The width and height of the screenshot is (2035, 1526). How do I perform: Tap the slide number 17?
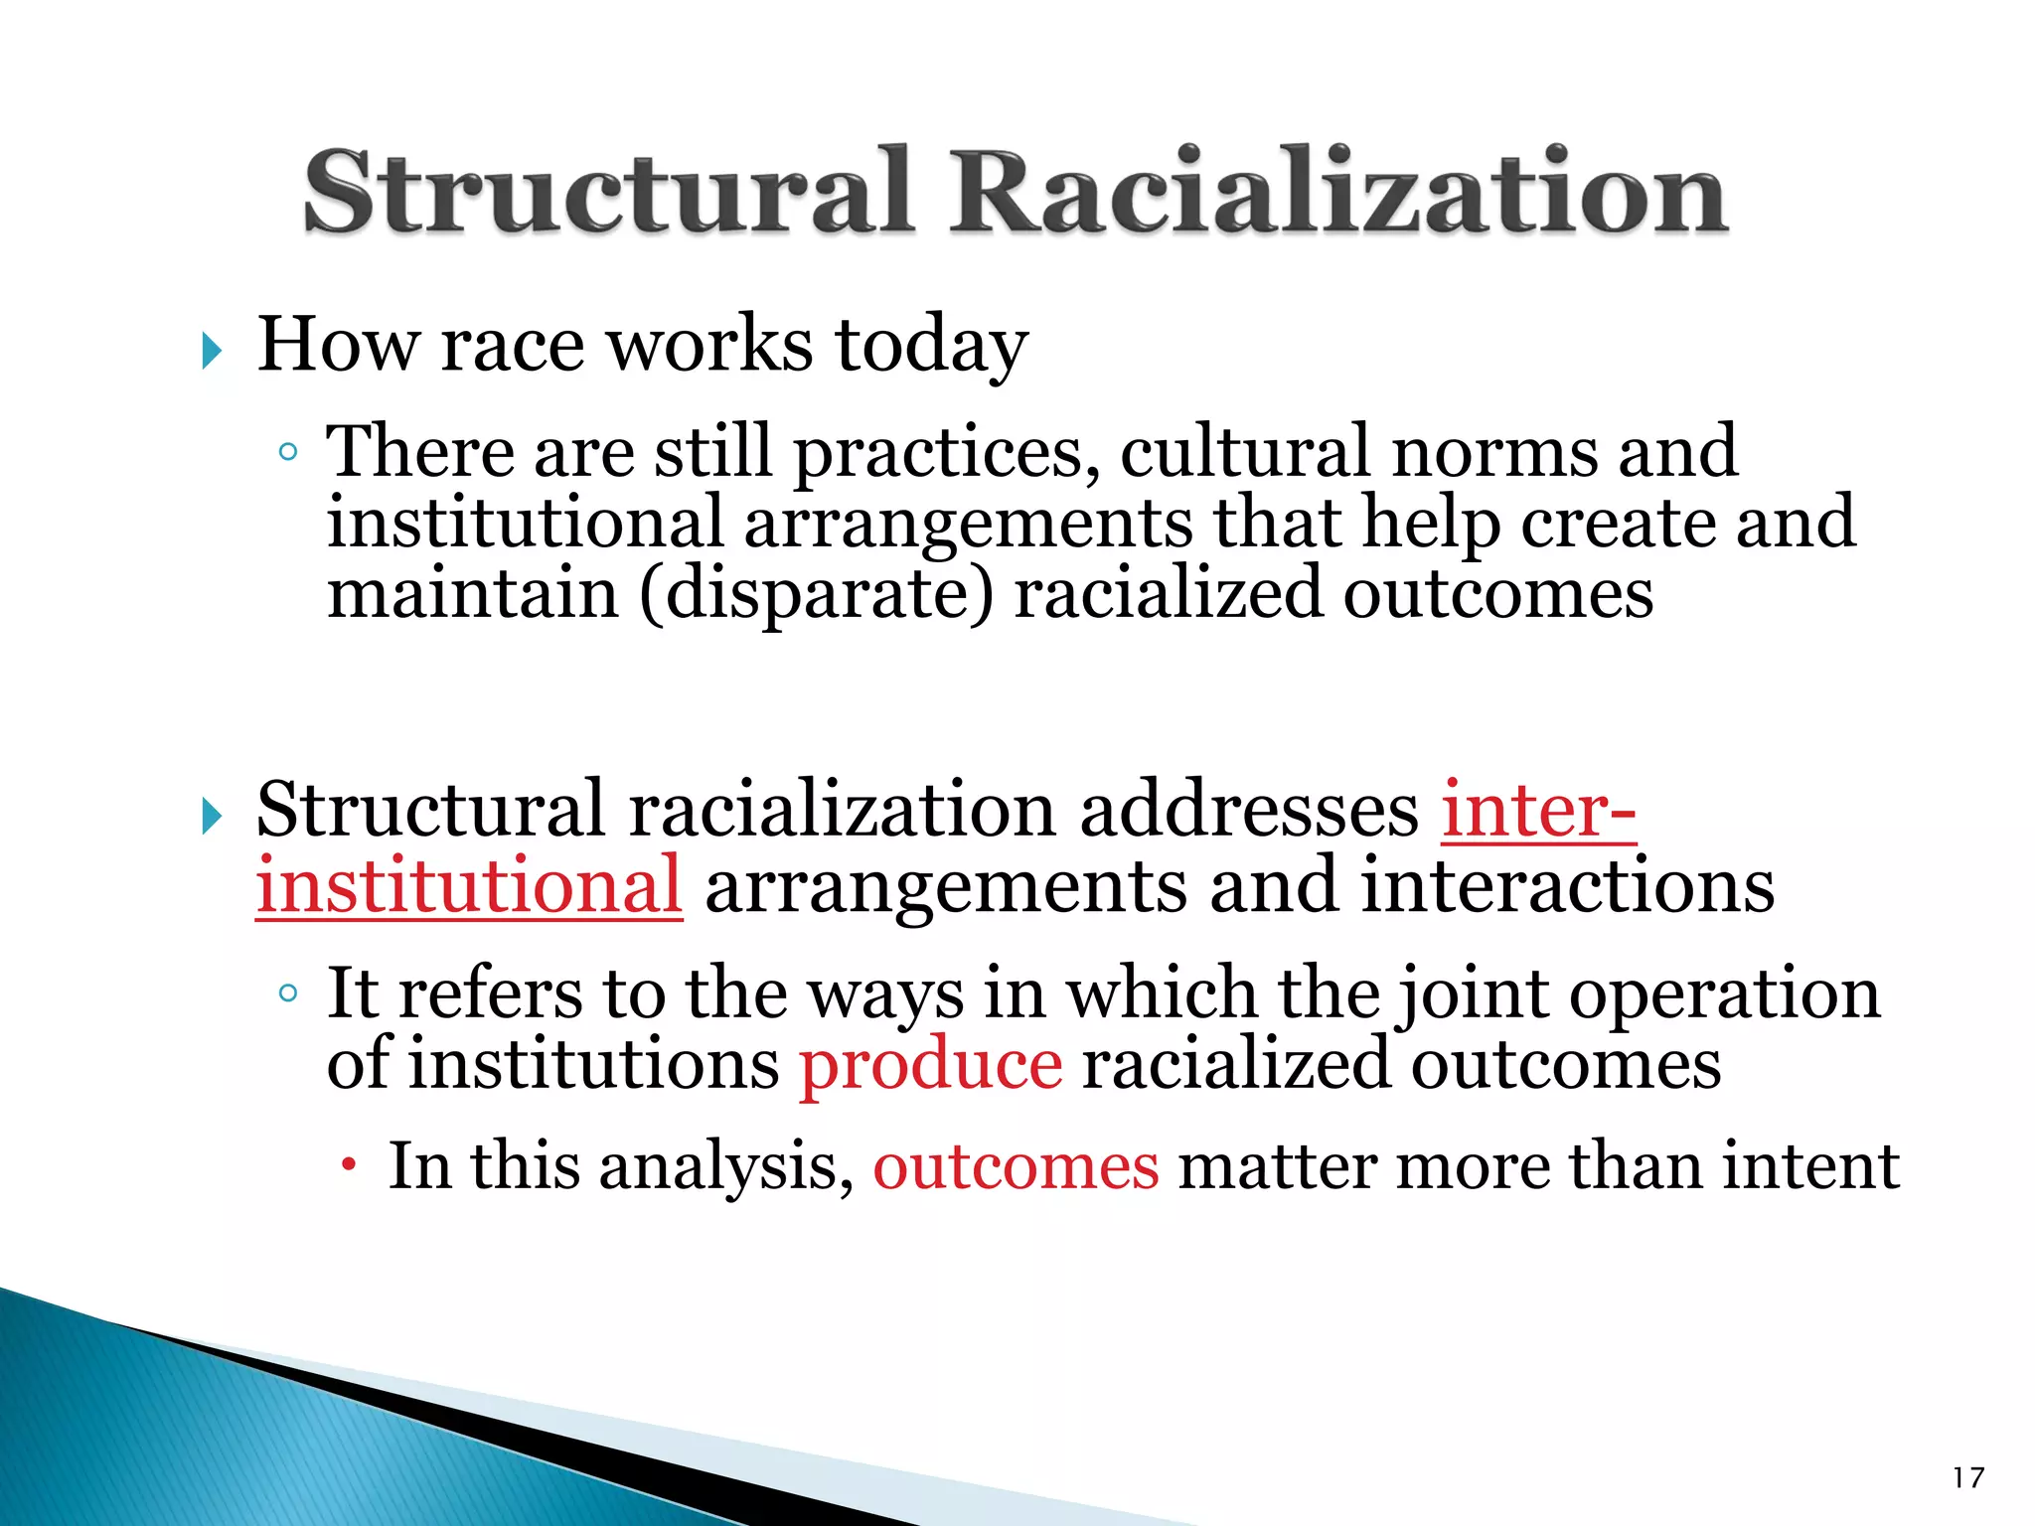1967,1477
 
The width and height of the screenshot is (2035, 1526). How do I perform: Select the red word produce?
931,1065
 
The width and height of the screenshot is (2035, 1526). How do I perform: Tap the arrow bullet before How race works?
211,350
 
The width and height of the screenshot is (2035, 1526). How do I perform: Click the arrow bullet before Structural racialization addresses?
211,817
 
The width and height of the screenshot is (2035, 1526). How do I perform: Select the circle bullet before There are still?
288,453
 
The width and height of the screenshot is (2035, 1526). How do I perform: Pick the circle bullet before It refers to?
288,992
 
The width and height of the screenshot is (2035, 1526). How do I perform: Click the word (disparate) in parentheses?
815,593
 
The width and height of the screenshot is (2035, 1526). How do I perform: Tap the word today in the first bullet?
931,345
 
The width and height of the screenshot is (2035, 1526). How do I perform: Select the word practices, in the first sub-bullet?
946,453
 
